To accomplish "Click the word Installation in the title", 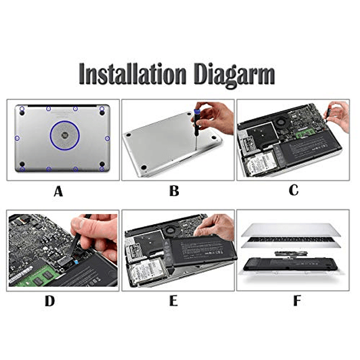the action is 132,74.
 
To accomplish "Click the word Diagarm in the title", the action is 234,75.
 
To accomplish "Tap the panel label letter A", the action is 58,191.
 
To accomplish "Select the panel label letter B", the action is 174,191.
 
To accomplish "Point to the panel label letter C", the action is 294,190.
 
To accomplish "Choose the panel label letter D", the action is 50,301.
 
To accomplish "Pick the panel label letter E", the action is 174,301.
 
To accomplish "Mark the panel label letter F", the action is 297,301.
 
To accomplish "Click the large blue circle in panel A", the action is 50,136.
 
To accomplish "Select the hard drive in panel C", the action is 261,164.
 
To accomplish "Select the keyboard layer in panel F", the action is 291,242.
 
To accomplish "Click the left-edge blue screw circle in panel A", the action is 17,138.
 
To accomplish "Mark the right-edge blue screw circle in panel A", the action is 107,139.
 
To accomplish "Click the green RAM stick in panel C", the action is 307,133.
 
